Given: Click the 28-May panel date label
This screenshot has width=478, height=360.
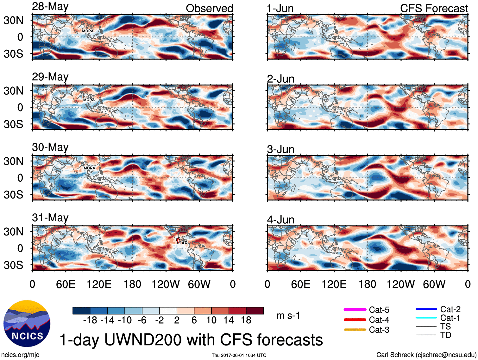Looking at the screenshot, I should [x=50, y=7].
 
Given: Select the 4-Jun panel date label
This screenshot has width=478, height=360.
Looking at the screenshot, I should [x=280, y=220].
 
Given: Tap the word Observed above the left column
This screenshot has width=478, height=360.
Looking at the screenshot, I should [x=209, y=9].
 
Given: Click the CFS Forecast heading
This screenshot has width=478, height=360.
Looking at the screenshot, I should [x=434, y=9].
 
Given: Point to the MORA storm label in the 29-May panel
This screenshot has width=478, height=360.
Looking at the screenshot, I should [x=89, y=100].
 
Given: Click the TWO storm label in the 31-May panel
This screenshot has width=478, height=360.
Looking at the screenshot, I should [x=183, y=243].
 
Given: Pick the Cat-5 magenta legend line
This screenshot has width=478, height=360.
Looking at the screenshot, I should [x=355, y=310].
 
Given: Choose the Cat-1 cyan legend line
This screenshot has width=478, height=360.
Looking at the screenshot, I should [x=426, y=318].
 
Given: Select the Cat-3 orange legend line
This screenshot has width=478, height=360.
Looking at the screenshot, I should [x=355, y=330].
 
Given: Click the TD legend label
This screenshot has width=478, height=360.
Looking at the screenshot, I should [x=446, y=335].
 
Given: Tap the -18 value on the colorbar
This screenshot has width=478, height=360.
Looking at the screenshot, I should [x=90, y=320].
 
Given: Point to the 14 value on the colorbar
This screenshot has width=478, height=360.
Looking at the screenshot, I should [x=229, y=320].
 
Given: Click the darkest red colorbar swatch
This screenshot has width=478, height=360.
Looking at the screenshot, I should [x=255, y=311].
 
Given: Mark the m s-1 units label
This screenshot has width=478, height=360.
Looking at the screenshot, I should [x=288, y=316].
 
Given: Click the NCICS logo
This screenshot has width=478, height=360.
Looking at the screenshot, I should [x=27, y=323].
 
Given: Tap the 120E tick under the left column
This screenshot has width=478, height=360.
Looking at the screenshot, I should [x=99, y=284].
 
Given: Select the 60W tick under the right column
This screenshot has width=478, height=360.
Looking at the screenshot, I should [x=434, y=284].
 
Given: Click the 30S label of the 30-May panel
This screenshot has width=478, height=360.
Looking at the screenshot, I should [x=13, y=194].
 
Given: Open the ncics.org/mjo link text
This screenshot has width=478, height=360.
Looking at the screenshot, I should [x=20, y=355].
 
